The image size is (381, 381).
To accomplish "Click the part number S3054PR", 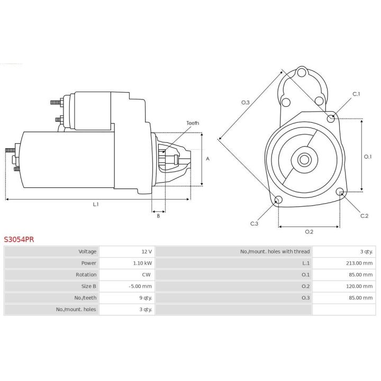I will (x=19, y=239).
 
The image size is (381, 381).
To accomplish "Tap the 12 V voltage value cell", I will (x=146, y=251).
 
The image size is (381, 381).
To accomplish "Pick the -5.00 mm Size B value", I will (x=140, y=286).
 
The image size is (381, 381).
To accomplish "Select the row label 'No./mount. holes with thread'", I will (x=275, y=251).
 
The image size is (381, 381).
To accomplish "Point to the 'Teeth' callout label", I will (x=193, y=123).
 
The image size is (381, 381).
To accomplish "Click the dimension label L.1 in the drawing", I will (x=96, y=204).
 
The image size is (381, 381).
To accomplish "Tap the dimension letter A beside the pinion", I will (x=208, y=159).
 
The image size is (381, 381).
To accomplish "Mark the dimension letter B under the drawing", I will (x=158, y=215).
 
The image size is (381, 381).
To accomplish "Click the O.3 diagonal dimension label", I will (x=245, y=102).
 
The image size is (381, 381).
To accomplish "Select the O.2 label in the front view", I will (x=309, y=231).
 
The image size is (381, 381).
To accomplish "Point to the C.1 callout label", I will (x=356, y=94).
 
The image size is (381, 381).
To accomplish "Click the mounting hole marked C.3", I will (x=279, y=200).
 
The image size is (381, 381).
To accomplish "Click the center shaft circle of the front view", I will (x=304, y=159).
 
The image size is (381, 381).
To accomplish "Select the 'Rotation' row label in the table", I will (x=86, y=275).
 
